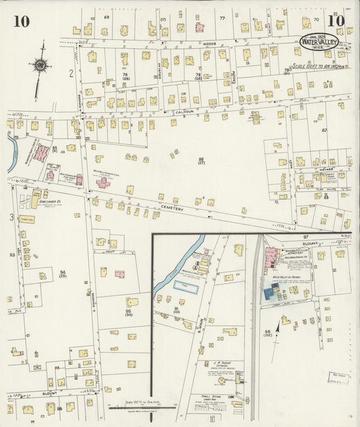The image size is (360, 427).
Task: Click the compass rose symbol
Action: [x=41, y=65]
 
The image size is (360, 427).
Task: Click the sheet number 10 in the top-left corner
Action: [x=21, y=21]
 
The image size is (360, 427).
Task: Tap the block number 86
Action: [x=201, y=159]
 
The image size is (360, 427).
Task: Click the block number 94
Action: [x=62, y=273]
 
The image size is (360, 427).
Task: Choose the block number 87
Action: [x=324, y=130]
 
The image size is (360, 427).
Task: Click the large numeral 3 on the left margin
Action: [x=11, y=218]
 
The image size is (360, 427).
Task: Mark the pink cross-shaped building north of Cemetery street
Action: [x=103, y=182]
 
